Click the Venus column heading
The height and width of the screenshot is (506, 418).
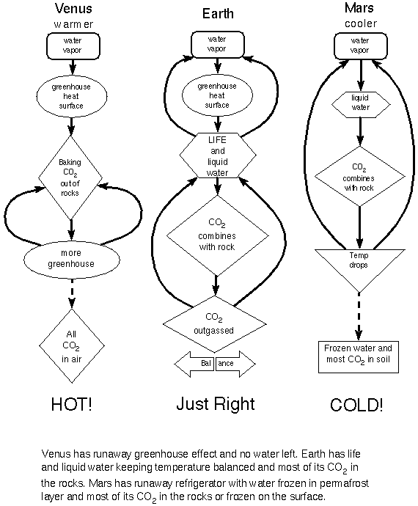[x=73, y=8]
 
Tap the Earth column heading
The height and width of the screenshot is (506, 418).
[x=218, y=13]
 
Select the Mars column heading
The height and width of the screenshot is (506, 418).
[x=359, y=8]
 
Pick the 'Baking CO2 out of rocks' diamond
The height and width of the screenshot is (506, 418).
[x=70, y=177]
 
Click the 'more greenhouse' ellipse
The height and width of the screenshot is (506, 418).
[x=72, y=259]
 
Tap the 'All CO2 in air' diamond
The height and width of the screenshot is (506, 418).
[x=72, y=346]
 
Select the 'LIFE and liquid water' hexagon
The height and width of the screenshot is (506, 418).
[x=218, y=155]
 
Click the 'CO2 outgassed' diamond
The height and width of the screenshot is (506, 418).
[x=215, y=324]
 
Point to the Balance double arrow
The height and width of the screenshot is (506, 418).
[x=215, y=364]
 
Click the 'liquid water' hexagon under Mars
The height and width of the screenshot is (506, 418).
[x=361, y=105]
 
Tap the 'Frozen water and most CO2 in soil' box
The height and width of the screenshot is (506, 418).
[x=359, y=357]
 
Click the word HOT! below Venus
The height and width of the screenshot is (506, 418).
[x=72, y=404]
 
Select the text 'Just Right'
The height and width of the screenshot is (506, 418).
[x=216, y=404]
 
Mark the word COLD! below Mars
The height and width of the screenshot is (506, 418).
[x=356, y=405]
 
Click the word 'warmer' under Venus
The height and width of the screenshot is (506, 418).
[x=73, y=24]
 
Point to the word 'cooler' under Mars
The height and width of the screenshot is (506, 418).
[x=361, y=23]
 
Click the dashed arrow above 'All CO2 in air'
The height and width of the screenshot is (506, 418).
[x=72, y=293]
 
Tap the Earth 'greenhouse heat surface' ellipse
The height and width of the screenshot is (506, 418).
[x=218, y=95]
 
